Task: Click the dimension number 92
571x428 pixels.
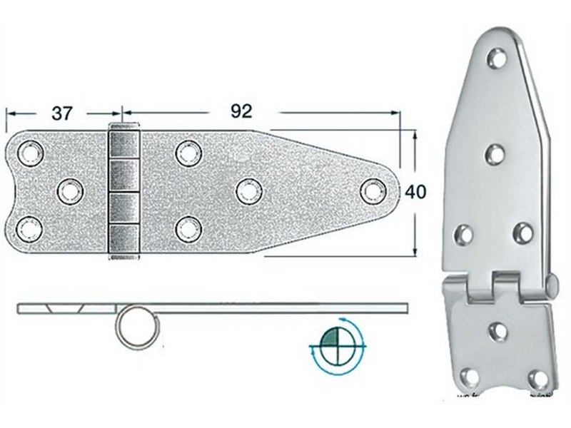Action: tap(242, 111)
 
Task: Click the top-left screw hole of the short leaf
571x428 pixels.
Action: tap(31, 152)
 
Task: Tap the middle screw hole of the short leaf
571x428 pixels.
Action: tap(69, 190)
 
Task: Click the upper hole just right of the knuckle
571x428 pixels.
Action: tap(188, 151)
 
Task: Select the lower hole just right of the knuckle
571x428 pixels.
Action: tap(187, 228)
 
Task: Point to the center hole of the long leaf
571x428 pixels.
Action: tap(248, 190)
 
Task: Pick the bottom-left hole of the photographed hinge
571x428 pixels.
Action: tap(469, 377)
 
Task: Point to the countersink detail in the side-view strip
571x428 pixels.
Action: tap(64, 308)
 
